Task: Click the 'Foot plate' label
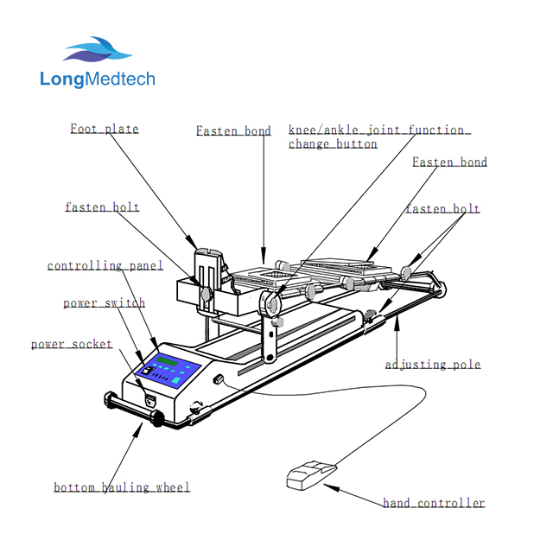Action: pyautogui.click(x=104, y=130)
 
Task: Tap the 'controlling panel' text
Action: pyautogui.click(x=105, y=266)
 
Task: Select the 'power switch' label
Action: pyautogui.click(x=104, y=303)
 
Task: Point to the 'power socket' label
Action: pyautogui.click(x=72, y=344)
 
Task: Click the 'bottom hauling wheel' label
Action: pyautogui.click(x=122, y=487)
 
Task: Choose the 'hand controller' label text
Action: pyautogui.click(x=434, y=503)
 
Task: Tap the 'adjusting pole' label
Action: pyautogui.click(x=432, y=365)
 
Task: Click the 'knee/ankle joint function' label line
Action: pyautogui.click(x=378, y=131)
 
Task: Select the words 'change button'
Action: pyautogui.click(x=333, y=144)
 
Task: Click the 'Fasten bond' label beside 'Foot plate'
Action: pyautogui.click(x=233, y=131)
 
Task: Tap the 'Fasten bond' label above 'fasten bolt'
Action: pyautogui.click(x=449, y=162)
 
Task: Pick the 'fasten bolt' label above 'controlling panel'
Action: pyautogui.click(x=102, y=207)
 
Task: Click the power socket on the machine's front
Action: pyautogui.click(x=150, y=400)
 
